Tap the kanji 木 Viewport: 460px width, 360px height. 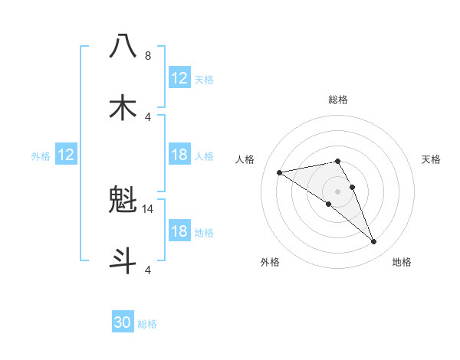pos(123,106)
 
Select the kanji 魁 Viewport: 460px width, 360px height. pos(123,200)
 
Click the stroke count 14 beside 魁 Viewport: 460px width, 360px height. pos(149,208)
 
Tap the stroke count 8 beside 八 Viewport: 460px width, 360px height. pos(148,56)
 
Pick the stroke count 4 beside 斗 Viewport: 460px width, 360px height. pos(148,270)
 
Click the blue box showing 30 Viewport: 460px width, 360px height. pos(123,322)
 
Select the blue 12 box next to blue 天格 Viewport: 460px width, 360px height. pos(179,77)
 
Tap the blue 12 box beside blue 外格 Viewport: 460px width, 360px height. pos(66,155)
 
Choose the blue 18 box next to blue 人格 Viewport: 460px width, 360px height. pos(179,155)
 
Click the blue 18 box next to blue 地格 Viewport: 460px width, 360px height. pos(179,231)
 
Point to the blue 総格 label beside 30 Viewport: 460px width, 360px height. pos(147,324)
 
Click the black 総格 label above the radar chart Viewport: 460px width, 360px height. pos(337,100)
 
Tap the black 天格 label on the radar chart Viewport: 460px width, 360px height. pos(431,159)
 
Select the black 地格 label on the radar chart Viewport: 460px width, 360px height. pos(402,262)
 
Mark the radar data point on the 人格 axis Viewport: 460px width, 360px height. pos(280,172)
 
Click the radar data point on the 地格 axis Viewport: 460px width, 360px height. pos(374,242)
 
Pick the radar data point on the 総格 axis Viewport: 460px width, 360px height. pos(337,161)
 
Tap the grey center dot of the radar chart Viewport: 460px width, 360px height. pos(337,191)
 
